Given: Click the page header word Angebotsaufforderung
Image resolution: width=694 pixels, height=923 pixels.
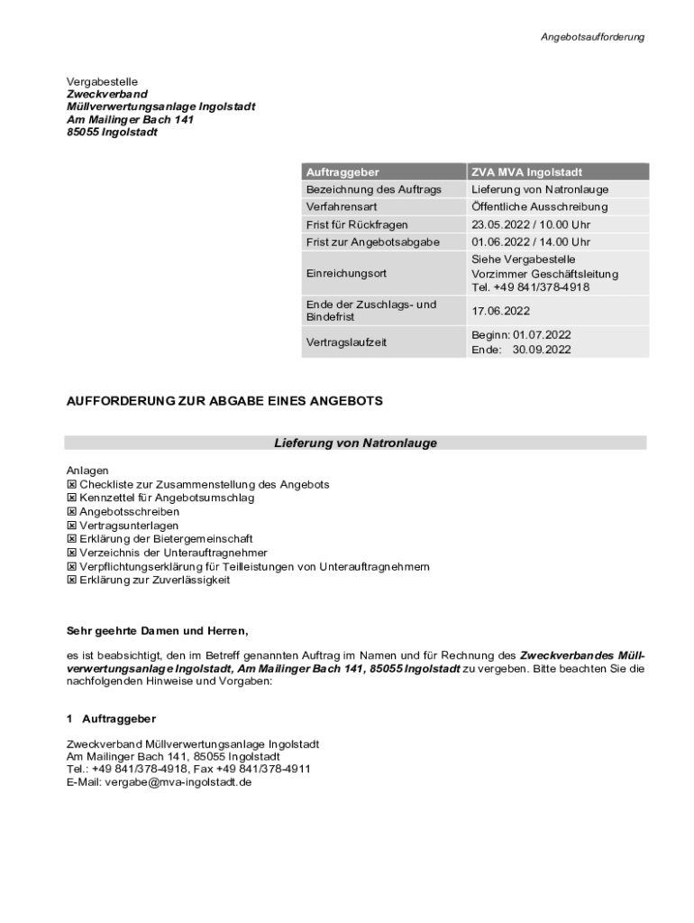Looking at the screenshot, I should [592, 37].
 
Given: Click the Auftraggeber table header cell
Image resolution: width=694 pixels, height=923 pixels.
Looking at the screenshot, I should [342, 171].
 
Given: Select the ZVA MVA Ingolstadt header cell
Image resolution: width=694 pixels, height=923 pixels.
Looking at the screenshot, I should [526, 171].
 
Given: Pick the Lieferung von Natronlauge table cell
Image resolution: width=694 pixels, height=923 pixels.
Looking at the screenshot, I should [540, 189].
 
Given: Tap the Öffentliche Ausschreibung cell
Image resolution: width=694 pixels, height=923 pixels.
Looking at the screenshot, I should [539, 206].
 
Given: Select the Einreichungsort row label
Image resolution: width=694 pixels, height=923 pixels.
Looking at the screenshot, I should [346, 273].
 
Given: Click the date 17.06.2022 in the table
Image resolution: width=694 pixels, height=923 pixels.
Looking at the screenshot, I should [500, 311].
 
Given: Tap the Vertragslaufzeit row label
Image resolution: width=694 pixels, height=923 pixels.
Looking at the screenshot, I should [346, 343].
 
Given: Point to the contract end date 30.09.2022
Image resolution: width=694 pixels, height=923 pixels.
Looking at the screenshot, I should [542, 350].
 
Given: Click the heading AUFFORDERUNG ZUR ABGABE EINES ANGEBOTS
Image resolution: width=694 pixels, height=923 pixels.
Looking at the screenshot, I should [224, 400].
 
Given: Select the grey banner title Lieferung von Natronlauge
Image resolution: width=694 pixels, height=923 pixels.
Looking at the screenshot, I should [355, 443].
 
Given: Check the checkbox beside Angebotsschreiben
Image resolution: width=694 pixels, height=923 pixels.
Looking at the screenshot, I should [72, 511].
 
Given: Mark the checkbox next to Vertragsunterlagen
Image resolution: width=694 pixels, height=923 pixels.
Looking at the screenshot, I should [72, 525].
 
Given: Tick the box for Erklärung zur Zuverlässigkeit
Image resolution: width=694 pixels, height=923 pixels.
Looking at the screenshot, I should [72, 580].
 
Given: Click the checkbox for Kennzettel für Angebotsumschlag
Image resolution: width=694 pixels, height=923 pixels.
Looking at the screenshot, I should [72, 498].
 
